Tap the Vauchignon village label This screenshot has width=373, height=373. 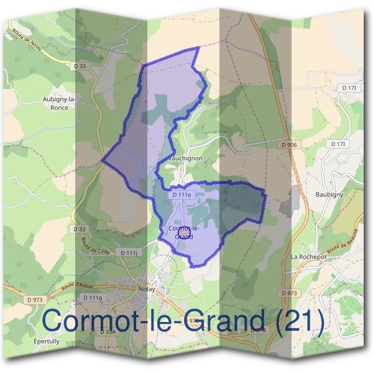pos(185,159)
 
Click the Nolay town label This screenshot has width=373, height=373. pos(147,288)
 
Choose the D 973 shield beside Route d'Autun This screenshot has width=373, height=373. pos(35,300)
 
